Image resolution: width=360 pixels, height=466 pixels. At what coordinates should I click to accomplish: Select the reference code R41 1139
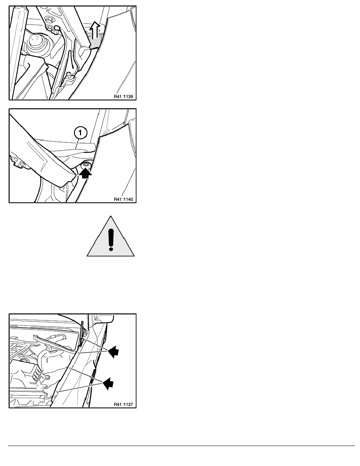123,96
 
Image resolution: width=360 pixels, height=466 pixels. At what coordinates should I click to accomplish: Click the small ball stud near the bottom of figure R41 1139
69,74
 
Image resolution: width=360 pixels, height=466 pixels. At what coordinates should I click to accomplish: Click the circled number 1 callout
80,133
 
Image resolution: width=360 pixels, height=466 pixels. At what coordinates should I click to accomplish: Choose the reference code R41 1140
123,199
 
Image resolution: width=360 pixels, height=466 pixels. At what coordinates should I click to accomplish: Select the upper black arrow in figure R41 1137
113,351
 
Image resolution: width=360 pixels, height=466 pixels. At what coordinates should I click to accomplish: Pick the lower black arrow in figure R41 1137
108,384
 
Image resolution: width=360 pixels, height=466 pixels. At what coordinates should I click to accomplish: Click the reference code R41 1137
123,404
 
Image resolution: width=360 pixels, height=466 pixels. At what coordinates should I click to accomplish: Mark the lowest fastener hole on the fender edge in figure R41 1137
58,392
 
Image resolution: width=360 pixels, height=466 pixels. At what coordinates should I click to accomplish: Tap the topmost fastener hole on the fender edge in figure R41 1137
85,339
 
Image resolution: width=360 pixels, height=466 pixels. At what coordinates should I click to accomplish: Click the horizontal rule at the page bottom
182,446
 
